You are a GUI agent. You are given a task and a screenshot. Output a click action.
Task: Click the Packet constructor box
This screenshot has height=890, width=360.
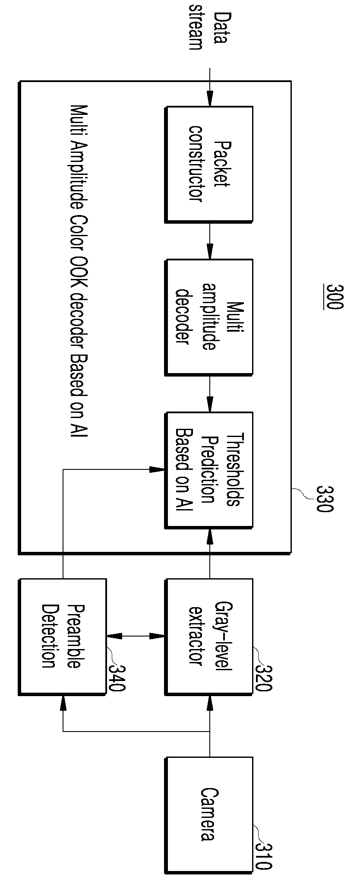click(209, 165)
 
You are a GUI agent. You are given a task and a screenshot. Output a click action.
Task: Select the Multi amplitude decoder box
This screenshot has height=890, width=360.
click(209, 317)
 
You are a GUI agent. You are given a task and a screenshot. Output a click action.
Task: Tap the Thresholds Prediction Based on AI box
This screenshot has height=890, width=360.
click(209, 470)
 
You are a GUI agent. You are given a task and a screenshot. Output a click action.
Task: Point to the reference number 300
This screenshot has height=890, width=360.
click(335, 297)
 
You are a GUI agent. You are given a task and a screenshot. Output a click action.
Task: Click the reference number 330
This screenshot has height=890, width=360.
click(325, 498)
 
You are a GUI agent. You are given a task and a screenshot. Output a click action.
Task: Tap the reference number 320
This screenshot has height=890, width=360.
click(264, 677)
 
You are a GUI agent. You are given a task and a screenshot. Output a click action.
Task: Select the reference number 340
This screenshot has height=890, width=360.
click(117, 677)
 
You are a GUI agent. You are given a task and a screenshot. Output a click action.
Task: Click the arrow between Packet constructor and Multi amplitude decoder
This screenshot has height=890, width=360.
click(209, 241)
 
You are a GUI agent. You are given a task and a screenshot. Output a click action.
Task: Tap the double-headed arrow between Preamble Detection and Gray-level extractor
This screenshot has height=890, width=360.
click(136, 636)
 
